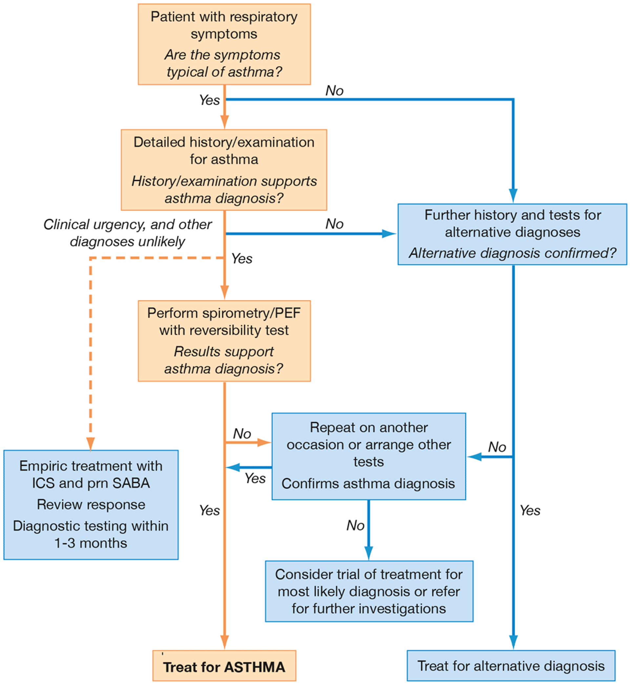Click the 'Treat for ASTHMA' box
click(224, 666)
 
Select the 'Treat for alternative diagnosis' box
click(511, 666)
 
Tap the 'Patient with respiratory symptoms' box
click(224, 44)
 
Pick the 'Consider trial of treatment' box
click(369, 591)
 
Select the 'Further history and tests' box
click(512, 234)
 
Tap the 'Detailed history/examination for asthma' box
click(224, 169)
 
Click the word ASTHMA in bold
click(255, 667)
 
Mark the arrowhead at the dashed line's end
click(90, 444)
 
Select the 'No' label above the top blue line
click(334, 91)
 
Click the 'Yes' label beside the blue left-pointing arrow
click(255, 478)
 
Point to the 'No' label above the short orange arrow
click(242, 433)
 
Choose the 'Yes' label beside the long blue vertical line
click(530, 510)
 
